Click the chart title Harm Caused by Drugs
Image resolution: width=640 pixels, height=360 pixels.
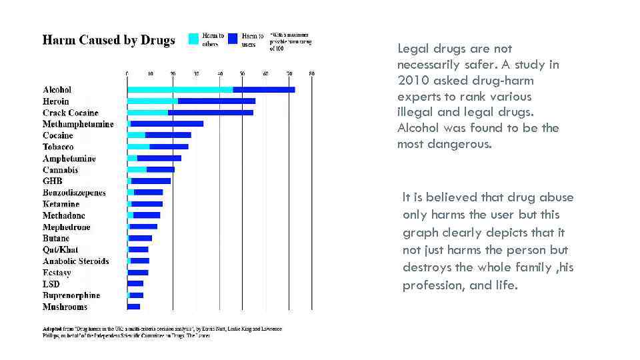click(x=109, y=40)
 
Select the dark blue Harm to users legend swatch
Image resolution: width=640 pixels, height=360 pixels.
click(x=232, y=39)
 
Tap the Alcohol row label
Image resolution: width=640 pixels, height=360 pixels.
click(x=57, y=89)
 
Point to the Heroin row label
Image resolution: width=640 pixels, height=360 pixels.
click(x=56, y=101)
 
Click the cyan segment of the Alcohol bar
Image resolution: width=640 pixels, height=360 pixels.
click(x=180, y=89)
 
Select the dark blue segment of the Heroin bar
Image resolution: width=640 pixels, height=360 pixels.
click(x=217, y=101)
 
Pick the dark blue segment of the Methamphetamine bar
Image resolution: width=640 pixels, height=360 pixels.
click(x=167, y=124)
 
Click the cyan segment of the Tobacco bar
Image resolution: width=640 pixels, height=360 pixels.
click(x=139, y=147)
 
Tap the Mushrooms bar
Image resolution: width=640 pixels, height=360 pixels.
click(x=134, y=307)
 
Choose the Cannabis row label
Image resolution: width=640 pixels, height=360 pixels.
click(x=61, y=170)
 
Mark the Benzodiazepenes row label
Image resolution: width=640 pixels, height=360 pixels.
click(x=74, y=193)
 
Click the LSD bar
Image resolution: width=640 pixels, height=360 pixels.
click(x=135, y=284)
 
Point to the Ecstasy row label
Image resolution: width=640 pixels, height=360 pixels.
click(x=57, y=273)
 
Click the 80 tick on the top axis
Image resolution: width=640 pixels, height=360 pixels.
click(x=311, y=73)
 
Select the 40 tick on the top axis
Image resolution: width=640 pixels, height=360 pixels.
click(x=220, y=73)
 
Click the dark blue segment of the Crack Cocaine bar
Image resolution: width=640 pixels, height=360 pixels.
click(x=211, y=113)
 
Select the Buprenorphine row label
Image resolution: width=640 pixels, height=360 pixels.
click(x=71, y=295)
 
